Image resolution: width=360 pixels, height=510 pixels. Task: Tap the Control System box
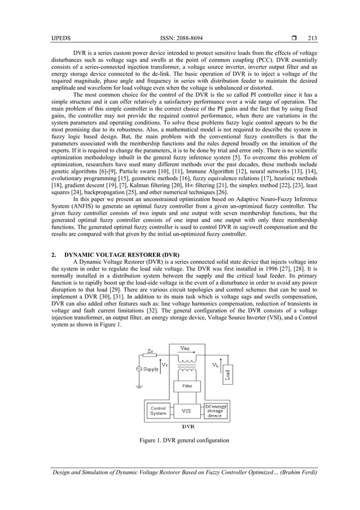coord(158,411)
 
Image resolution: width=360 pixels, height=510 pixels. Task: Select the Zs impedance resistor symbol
coord(150,356)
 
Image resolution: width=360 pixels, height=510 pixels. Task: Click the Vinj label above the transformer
coord(185,348)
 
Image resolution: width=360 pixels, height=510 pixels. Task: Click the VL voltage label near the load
coord(216,365)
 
